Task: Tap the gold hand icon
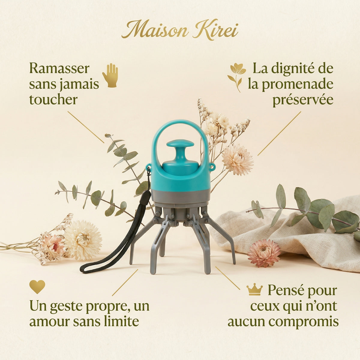pos(110,75)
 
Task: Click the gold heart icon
pos(37,287)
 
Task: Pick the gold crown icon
pos(254,290)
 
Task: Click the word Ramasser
pos(59,68)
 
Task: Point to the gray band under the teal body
pos(180,196)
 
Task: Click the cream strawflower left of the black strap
pos(83,240)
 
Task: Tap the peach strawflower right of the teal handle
pos(237,159)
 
